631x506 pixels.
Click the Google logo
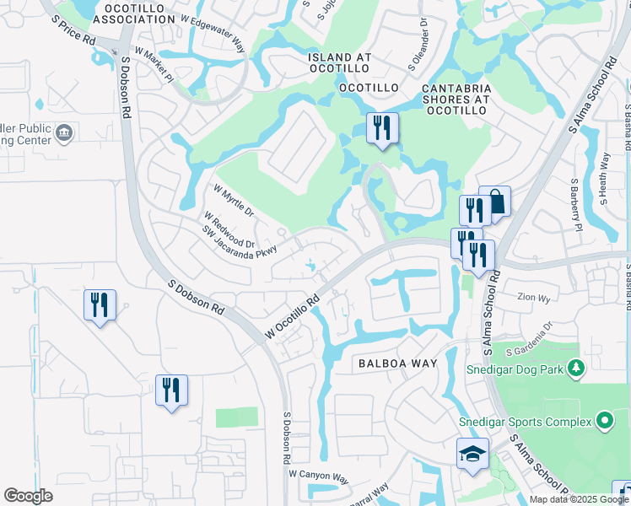point(28,496)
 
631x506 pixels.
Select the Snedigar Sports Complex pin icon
point(604,420)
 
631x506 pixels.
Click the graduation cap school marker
point(472,454)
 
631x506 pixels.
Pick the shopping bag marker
point(495,202)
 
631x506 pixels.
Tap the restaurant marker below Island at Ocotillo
point(382,128)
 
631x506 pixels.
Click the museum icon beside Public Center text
point(65,132)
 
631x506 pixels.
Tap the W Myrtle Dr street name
point(234,201)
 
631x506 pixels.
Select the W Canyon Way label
point(318,477)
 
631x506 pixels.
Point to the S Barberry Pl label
point(575,205)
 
